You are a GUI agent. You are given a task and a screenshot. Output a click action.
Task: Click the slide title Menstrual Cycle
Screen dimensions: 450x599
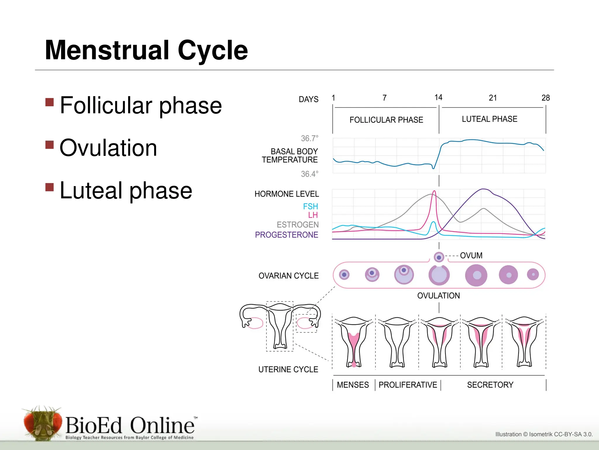click(146, 50)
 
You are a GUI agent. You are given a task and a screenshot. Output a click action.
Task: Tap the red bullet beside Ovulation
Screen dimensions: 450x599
click(50, 145)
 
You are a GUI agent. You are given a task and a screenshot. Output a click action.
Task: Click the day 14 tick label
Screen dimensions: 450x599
click(438, 97)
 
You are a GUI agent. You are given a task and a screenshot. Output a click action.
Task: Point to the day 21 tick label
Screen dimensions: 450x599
click(493, 98)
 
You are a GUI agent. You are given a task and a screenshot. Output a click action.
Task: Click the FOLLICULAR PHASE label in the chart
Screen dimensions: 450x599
click(386, 120)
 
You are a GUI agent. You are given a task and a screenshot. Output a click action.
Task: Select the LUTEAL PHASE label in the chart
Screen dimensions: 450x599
click(489, 119)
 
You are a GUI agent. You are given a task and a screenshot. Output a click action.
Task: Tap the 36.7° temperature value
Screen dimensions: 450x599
click(309, 138)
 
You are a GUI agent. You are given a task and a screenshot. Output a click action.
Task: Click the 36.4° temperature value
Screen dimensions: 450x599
click(309, 174)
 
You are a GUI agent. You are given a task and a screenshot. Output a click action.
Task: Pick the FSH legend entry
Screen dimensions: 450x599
click(310, 207)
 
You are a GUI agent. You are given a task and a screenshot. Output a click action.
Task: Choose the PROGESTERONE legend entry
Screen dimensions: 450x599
click(286, 235)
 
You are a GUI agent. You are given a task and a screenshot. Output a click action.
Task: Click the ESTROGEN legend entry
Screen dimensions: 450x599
click(297, 225)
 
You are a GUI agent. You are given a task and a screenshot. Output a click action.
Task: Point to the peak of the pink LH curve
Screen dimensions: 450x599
click(434, 192)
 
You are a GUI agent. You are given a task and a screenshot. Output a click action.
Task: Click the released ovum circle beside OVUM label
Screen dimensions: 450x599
click(439, 257)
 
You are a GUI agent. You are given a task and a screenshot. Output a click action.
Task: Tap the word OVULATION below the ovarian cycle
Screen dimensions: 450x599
click(438, 296)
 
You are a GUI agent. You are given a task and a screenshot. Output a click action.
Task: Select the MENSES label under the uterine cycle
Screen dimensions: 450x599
click(353, 385)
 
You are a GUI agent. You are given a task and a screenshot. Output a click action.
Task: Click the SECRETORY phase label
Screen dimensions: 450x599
click(490, 385)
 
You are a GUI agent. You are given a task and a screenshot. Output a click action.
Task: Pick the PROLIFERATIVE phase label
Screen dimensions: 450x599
click(408, 385)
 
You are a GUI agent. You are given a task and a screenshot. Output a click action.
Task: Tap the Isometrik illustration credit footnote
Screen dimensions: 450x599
click(544, 434)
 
